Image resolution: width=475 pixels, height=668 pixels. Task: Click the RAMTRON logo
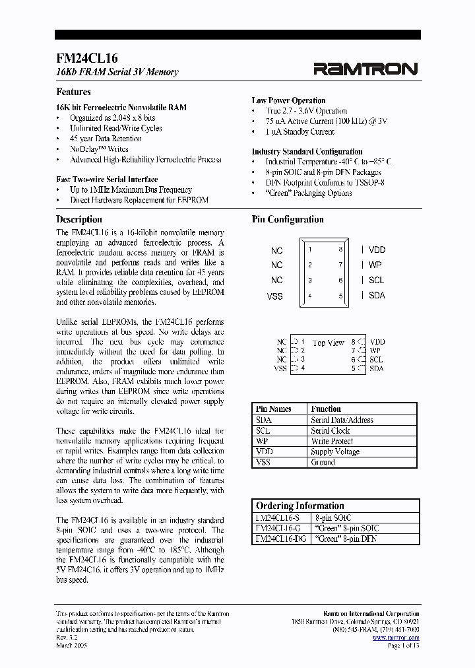click(x=365, y=68)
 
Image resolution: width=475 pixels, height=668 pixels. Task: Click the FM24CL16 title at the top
click(x=87, y=58)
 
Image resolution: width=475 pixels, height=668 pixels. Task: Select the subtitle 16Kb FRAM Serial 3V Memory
click(x=117, y=72)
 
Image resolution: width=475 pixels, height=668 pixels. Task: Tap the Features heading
click(x=73, y=92)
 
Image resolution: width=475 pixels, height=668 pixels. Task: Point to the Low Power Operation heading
click(x=288, y=100)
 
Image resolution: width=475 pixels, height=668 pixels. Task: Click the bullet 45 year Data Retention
click(x=106, y=139)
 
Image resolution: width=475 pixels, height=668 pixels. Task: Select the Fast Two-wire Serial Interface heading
click(x=107, y=179)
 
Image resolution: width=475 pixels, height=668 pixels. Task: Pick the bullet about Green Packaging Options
click(x=308, y=193)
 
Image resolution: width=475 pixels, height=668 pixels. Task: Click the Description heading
click(x=79, y=219)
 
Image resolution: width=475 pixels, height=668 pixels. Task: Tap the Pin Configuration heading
click(x=288, y=219)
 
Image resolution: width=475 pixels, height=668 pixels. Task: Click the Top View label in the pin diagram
click(x=329, y=343)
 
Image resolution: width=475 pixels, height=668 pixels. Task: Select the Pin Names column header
click(x=273, y=409)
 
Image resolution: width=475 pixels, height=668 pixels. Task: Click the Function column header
click(x=326, y=409)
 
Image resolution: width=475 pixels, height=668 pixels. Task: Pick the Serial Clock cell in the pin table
click(x=330, y=430)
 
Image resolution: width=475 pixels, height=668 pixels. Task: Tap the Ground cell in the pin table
click(x=323, y=462)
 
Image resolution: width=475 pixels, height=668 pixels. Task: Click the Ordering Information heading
click(x=300, y=506)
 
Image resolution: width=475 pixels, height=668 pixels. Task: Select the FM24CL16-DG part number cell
click(x=280, y=539)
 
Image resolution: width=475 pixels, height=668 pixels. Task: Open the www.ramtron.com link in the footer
click(x=396, y=638)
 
